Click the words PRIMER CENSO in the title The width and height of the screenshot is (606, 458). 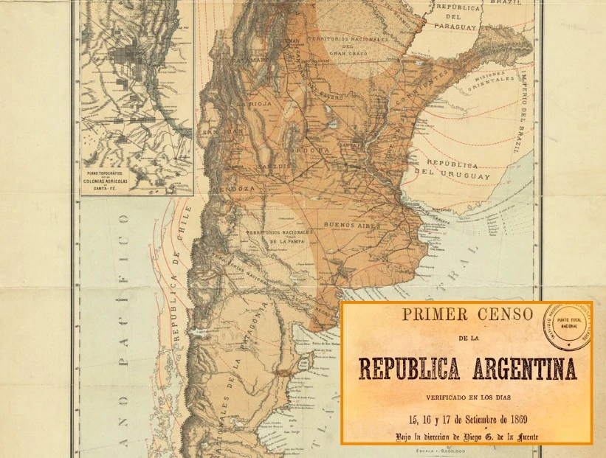coord(466,314)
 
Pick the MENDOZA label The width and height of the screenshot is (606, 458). coord(233,189)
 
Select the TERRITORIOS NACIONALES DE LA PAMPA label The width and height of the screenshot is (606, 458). coord(280,236)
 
